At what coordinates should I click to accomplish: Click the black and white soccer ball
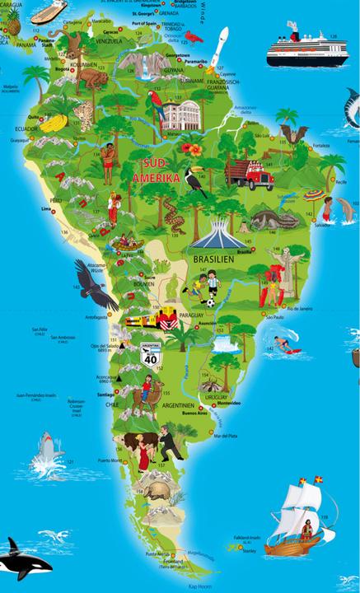pyautogui.click(x=210, y=302)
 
